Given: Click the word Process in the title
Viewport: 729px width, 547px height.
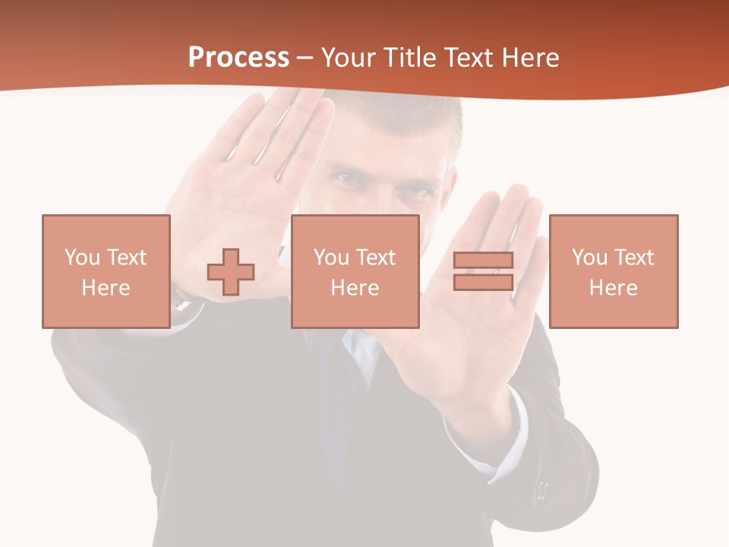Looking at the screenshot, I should [238, 58].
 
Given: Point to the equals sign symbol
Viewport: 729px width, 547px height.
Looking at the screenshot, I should [483, 271].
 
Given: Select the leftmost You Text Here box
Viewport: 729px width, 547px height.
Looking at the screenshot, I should [106, 271].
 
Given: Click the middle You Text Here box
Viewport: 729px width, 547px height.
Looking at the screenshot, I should [355, 271].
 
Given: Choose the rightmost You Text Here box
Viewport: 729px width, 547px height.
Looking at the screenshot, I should [613, 271].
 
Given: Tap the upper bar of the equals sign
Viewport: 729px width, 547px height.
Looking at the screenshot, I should [483, 261].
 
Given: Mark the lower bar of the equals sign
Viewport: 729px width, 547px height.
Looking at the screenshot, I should [483, 282].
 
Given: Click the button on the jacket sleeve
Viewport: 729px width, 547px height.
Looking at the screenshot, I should [541, 488].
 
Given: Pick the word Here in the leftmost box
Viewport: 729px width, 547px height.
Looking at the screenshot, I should [106, 288].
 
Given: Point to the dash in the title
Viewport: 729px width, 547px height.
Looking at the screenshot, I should [305, 58].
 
